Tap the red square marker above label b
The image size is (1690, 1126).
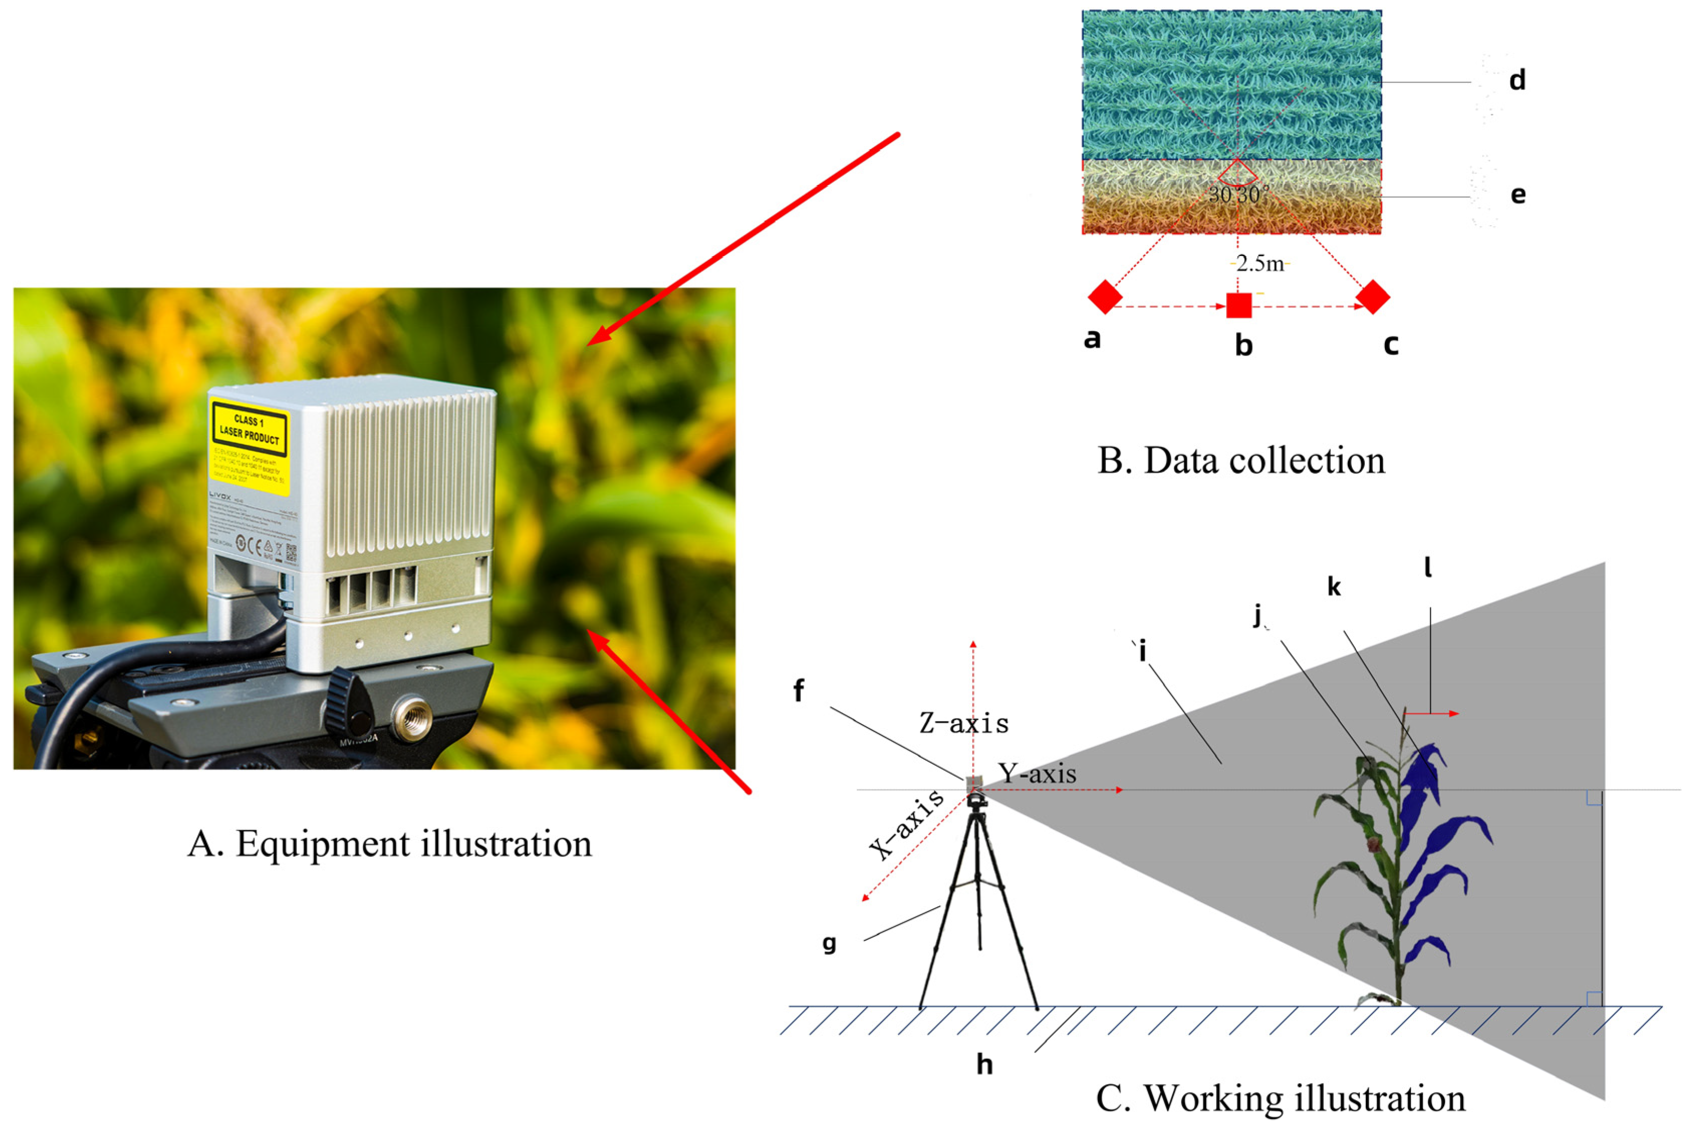[x=1238, y=305]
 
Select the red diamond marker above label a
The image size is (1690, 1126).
[x=1105, y=297]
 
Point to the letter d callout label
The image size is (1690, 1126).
[x=1517, y=80]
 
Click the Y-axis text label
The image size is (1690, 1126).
[x=1037, y=773]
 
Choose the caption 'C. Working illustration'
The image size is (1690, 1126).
[x=1280, y=1098]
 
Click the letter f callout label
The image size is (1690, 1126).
[x=798, y=691]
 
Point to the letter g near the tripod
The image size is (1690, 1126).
[x=829, y=943]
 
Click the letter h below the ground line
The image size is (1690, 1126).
[x=984, y=1064]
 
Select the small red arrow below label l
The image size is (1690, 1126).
[x=1432, y=713]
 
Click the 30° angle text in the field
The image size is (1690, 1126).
[x=1238, y=194]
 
